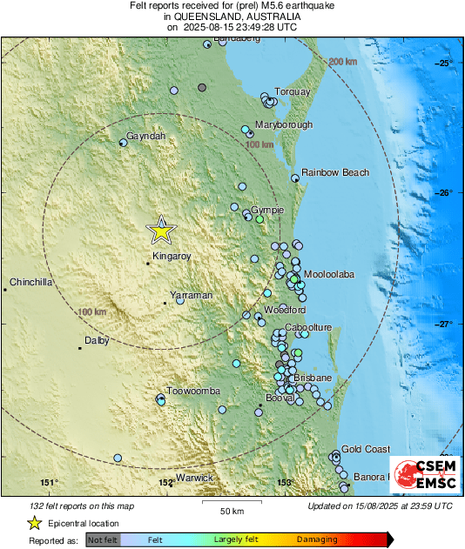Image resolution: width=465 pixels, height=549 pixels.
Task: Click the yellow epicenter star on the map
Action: [x=161, y=231]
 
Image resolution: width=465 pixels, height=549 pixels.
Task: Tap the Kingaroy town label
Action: [x=171, y=257]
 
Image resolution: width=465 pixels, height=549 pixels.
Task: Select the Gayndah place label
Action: [x=145, y=137]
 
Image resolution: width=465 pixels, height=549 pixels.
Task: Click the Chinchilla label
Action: [x=31, y=283]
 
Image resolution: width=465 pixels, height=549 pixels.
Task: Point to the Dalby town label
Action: [x=97, y=341]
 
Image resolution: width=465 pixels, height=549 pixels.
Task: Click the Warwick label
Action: [x=194, y=479]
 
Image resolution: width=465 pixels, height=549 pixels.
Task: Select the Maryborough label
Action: [x=284, y=125]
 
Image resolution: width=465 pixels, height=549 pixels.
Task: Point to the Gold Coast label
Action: [x=366, y=449]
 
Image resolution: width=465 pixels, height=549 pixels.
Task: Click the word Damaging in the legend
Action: [x=317, y=539]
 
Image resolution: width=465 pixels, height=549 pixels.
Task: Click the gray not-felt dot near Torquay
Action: [x=202, y=87]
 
